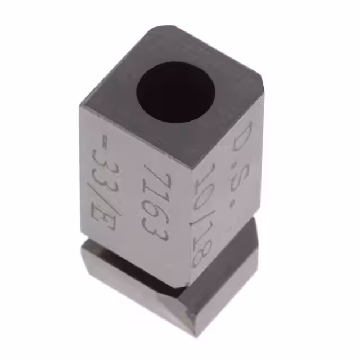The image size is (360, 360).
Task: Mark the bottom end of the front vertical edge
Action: pyautogui.click(x=186, y=287)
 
